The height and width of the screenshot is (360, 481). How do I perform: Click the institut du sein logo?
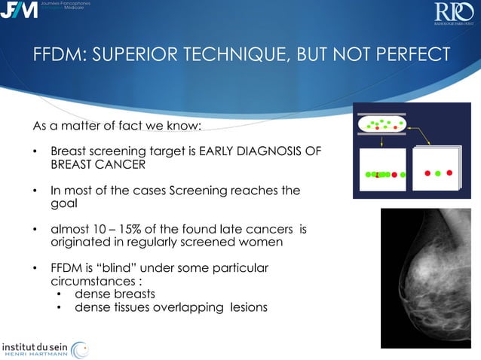point(44,348)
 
